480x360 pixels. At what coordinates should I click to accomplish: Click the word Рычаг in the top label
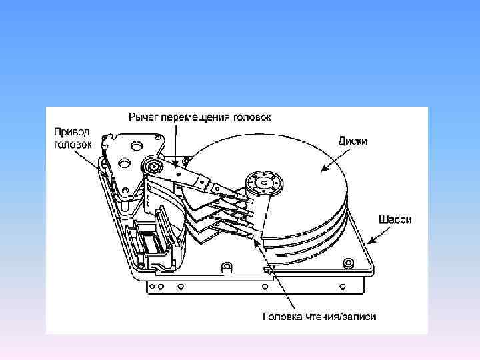coord(143,117)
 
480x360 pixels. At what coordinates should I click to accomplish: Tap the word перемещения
coord(195,117)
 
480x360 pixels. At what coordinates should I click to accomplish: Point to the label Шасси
coord(394,219)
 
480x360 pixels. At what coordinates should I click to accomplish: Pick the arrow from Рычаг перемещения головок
coord(175,143)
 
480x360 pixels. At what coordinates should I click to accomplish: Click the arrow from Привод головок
coord(92,163)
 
